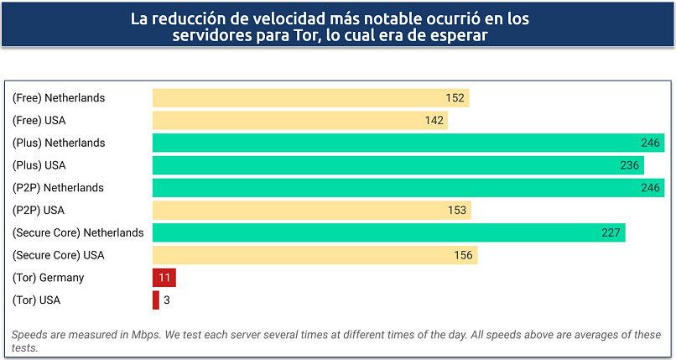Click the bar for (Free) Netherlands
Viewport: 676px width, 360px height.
310,98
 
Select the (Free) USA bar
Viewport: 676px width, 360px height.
299,121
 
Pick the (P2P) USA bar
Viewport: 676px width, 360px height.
311,210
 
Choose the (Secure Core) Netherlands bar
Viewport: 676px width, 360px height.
388,232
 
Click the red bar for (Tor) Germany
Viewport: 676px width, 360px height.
164,278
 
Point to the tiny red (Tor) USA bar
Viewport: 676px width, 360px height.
156,300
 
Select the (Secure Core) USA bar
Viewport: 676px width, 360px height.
315,255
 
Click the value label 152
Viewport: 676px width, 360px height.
455,98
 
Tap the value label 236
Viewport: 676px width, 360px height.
630,165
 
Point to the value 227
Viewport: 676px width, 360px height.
611,232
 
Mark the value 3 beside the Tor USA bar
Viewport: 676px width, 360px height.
167,300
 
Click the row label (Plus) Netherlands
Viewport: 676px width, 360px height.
59,143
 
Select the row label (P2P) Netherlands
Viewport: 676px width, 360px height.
58,187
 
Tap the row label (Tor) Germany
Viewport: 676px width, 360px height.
48,278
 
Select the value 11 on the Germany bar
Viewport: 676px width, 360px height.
164,278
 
